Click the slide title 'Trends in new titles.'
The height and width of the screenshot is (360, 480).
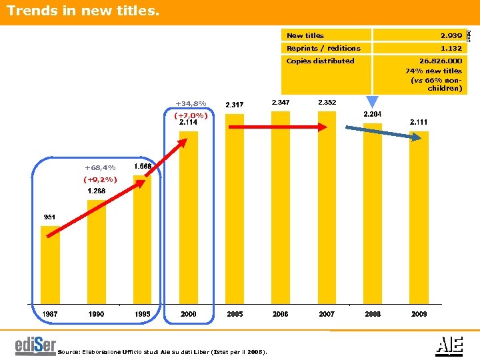point(84,11)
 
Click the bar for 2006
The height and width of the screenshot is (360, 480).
point(281,207)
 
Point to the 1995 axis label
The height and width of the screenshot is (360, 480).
point(142,313)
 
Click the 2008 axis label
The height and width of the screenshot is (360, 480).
point(373,313)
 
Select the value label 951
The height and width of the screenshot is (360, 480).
point(50,217)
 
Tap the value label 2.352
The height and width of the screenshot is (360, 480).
point(327,102)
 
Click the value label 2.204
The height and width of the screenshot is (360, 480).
point(373,115)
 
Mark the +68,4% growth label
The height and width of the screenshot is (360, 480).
point(100,167)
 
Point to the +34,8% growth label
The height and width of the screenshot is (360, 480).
point(191,103)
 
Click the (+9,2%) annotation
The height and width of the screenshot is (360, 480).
point(100,179)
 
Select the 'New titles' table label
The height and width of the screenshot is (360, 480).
point(305,35)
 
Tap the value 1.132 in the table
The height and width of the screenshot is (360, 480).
point(451,48)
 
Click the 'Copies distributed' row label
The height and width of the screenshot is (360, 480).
point(320,61)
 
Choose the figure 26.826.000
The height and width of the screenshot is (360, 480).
point(440,61)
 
